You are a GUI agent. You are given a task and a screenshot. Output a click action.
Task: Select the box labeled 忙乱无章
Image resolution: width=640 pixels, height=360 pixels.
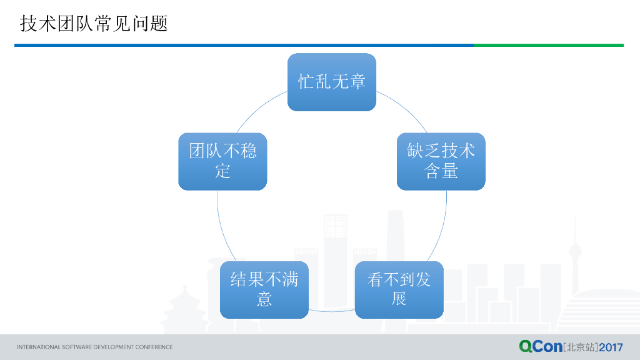(x=331, y=82)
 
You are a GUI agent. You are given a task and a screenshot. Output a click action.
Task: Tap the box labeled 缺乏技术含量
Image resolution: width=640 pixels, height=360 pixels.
(x=441, y=161)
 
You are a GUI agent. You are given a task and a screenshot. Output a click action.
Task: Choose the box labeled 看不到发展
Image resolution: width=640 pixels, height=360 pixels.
(x=399, y=289)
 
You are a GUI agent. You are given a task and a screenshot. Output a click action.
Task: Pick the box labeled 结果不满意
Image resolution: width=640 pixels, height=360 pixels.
(x=264, y=289)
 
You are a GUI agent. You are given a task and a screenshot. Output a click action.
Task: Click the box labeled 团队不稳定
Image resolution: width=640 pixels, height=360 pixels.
(x=222, y=161)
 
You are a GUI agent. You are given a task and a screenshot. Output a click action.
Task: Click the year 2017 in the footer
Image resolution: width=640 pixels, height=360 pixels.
(x=611, y=347)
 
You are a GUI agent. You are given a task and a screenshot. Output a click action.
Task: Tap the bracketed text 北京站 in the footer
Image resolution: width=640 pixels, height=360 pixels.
(x=581, y=347)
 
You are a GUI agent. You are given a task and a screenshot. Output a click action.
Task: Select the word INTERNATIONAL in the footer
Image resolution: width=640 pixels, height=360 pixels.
(x=38, y=347)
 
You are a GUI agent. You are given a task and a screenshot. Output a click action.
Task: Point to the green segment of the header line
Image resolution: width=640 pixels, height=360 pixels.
(x=548, y=45)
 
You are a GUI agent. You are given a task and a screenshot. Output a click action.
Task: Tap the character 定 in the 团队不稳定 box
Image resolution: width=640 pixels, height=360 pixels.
(x=222, y=171)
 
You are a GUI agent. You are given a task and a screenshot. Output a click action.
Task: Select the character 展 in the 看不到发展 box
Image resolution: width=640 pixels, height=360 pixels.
(x=399, y=299)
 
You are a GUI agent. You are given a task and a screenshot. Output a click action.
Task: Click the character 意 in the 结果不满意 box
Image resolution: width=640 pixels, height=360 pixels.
(x=264, y=299)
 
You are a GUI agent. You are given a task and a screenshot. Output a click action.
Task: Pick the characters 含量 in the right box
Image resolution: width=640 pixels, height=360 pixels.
(x=441, y=171)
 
